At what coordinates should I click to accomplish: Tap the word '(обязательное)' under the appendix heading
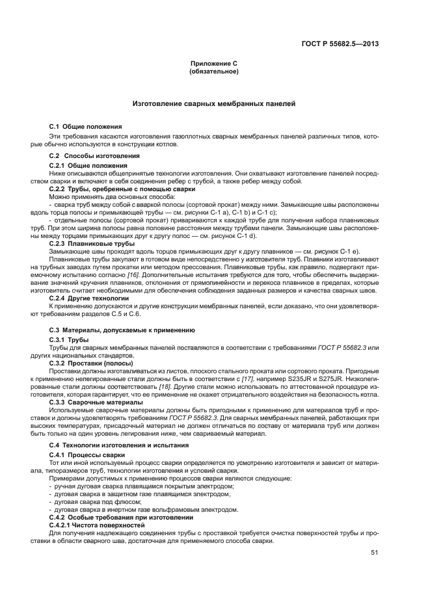tap(214, 72)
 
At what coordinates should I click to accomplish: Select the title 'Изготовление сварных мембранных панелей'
tap(214, 103)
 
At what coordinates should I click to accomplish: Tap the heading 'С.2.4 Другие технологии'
tap(88, 298)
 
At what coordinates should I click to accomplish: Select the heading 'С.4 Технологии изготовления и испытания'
tap(119, 445)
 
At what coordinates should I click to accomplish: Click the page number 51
tap(375, 553)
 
